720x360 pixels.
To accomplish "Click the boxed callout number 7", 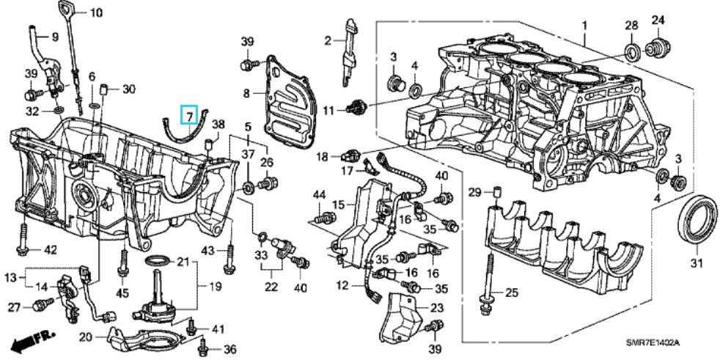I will click(x=189, y=115).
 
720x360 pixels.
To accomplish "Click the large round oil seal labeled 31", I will click(x=697, y=218).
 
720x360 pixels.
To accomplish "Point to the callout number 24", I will click(x=657, y=19).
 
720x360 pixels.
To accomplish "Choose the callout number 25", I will click(x=511, y=293).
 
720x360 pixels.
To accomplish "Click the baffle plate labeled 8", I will click(x=290, y=95).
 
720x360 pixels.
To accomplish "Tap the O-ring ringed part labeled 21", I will click(x=157, y=261).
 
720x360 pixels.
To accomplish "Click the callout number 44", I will click(x=319, y=194).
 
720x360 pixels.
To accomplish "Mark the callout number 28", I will click(x=631, y=26).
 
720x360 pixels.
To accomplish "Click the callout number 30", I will click(x=129, y=89).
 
